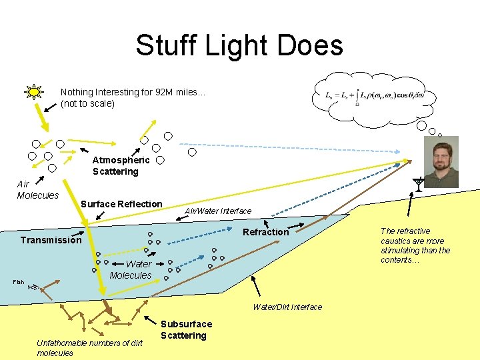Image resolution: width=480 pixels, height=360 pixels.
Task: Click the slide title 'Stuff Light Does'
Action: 239,45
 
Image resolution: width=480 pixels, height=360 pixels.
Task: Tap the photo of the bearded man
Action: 441,162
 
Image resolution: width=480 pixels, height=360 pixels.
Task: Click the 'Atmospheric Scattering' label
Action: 120,165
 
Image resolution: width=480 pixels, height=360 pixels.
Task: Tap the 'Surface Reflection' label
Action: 121,204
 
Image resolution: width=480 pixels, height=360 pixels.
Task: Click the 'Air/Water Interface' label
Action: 218,211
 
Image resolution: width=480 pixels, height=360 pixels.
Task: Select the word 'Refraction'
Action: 266,232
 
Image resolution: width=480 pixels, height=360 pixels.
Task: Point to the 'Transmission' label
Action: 51,240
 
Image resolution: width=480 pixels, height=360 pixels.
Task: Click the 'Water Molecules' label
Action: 131,269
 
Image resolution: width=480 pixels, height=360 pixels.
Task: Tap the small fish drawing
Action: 34,287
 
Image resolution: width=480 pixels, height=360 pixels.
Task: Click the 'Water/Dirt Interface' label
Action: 287,307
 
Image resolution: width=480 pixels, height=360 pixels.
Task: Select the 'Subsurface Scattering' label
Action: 186,329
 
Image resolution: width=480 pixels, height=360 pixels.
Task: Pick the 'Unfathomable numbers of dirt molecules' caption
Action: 89,347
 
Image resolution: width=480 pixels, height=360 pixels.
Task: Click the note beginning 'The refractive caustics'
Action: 415,245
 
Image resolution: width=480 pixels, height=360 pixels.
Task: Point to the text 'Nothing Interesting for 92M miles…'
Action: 133,93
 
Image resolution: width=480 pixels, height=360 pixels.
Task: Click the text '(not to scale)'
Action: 87,104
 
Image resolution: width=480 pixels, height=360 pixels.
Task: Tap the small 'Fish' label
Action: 18,282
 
